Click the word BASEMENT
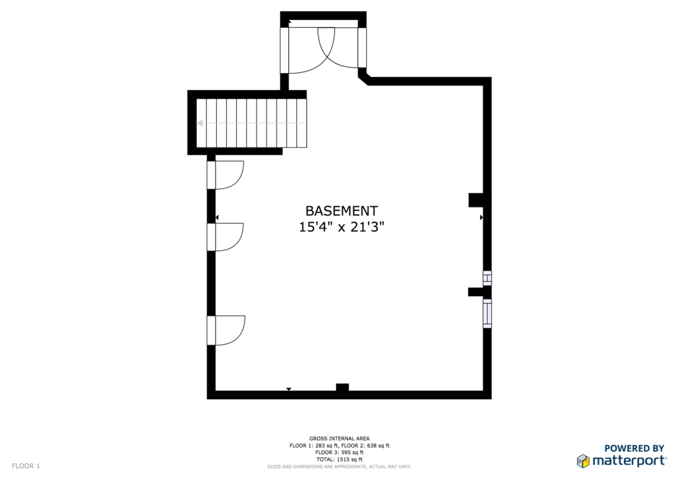(341, 211)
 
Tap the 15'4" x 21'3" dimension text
(341, 226)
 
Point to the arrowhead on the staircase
(200, 123)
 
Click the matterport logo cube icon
(583, 461)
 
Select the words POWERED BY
(634, 448)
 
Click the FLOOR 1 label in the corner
(26, 466)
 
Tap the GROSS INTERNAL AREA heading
(339, 438)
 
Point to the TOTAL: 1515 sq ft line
(339, 459)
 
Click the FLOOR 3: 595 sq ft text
(339, 452)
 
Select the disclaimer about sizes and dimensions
(339, 467)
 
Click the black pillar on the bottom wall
(343, 387)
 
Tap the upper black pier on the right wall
(476, 200)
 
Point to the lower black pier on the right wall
(475, 292)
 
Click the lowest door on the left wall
(225, 330)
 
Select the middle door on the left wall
(225, 237)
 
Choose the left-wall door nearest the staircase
(225, 175)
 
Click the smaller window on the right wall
(487, 278)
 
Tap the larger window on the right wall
(487, 314)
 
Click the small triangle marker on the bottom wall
(289, 390)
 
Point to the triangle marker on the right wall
(481, 217)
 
